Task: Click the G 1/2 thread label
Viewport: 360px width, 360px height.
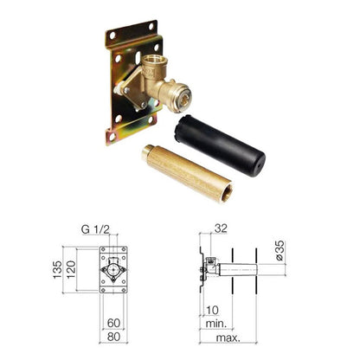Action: (x=95, y=229)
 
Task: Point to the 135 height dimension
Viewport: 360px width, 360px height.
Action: (x=57, y=270)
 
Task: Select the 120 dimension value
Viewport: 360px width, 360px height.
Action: (x=71, y=269)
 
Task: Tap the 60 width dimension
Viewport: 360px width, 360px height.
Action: (x=113, y=323)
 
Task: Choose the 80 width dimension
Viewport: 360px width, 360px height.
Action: (x=113, y=337)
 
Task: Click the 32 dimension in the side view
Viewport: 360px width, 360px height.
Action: (x=221, y=228)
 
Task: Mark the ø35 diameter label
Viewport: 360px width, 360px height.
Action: (x=280, y=250)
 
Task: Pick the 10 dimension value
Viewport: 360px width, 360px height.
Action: (x=212, y=311)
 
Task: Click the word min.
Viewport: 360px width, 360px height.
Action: (x=216, y=324)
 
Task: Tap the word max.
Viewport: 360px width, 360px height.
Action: (x=228, y=337)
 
